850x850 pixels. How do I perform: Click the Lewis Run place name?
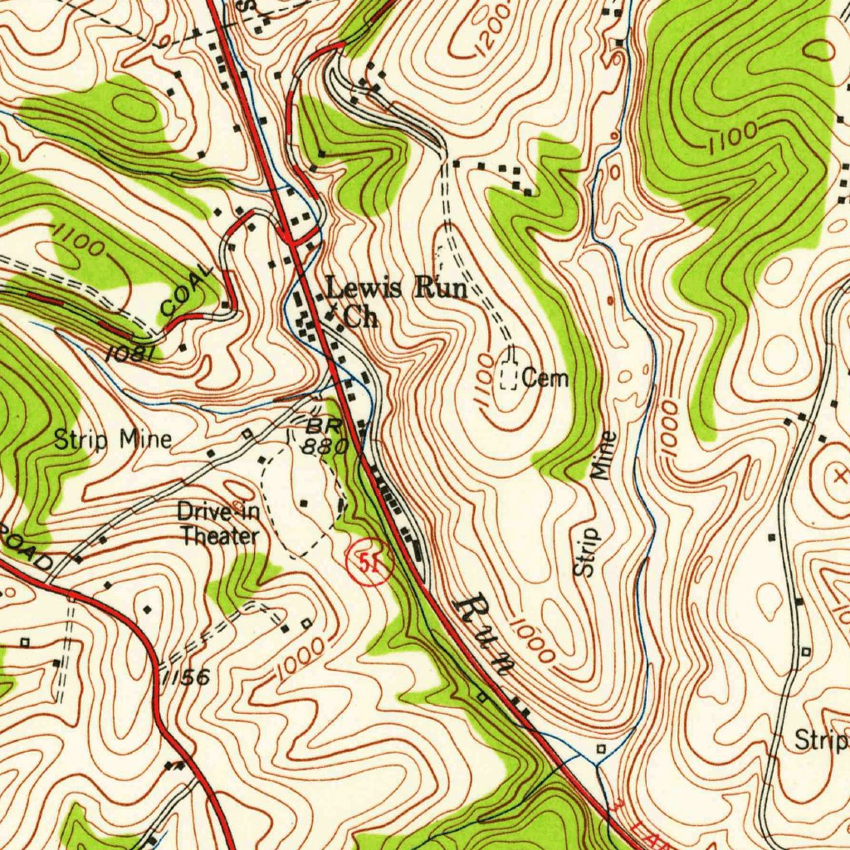pos(395,290)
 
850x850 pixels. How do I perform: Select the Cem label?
pos(545,379)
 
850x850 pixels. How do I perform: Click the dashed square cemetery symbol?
pos(509,379)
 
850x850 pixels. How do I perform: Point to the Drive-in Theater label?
pos(219,524)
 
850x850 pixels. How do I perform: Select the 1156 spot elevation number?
pos(184,677)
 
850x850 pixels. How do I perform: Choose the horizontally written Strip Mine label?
pos(113,439)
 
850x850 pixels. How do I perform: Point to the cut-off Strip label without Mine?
pos(821,740)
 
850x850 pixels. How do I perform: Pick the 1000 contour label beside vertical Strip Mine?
pos(670,426)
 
